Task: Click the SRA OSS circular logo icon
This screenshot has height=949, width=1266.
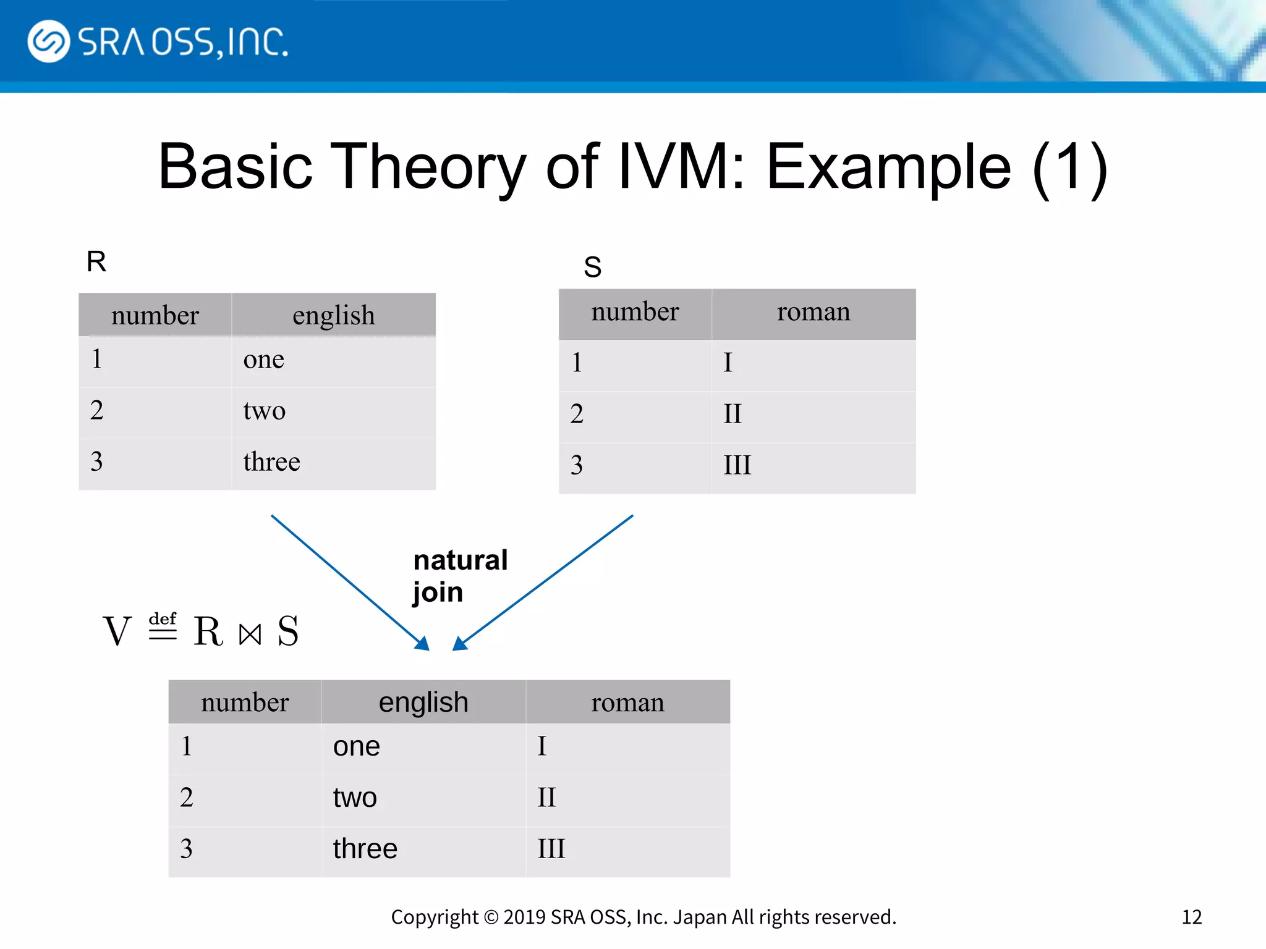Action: (x=48, y=41)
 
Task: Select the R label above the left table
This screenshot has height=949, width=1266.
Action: (x=96, y=261)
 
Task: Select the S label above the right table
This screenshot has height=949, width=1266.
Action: (x=592, y=267)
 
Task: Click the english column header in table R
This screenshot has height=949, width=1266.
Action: (x=333, y=315)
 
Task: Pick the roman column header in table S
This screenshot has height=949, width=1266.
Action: (x=813, y=312)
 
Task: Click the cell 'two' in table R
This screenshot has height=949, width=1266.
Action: (x=264, y=411)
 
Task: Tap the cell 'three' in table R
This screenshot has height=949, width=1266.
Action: (x=271, y=462)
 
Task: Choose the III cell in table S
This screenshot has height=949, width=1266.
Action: (x=737, y=465)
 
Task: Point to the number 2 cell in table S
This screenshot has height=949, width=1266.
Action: (x=577, y=414)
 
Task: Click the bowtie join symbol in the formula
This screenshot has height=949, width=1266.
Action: (x=250, y=634)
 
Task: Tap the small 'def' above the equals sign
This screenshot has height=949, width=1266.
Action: (x=163, y=618)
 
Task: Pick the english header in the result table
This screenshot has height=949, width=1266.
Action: (x=423, y=702)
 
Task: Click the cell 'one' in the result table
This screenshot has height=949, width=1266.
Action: (x=356, y=746)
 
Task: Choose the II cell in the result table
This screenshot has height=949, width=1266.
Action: (x=546, y=798)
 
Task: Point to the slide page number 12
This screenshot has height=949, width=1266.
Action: (x=1191, y=917)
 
